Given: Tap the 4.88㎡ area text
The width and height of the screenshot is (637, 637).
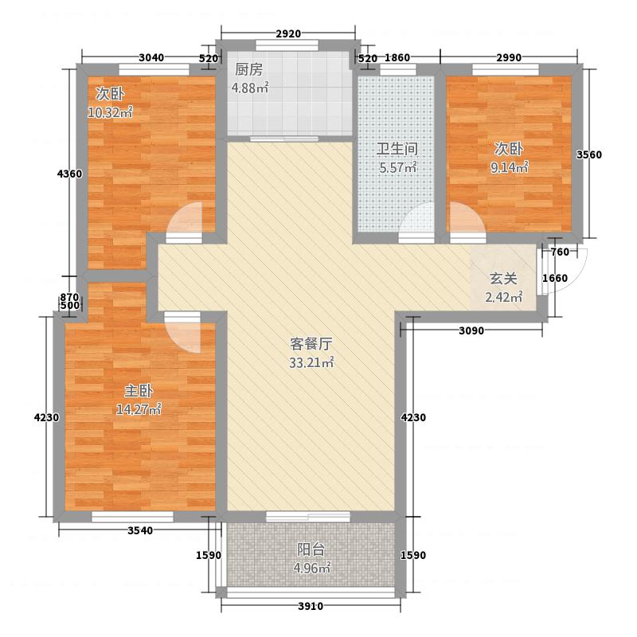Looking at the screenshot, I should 250,88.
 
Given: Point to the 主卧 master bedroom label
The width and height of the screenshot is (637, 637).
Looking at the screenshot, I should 139,391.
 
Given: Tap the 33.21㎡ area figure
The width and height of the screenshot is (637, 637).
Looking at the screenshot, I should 311,364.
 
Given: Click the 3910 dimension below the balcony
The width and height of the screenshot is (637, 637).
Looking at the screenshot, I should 311,608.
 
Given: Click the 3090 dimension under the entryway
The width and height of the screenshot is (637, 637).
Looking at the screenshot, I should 471,330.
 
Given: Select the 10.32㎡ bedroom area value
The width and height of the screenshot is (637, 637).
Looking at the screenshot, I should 110,112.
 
